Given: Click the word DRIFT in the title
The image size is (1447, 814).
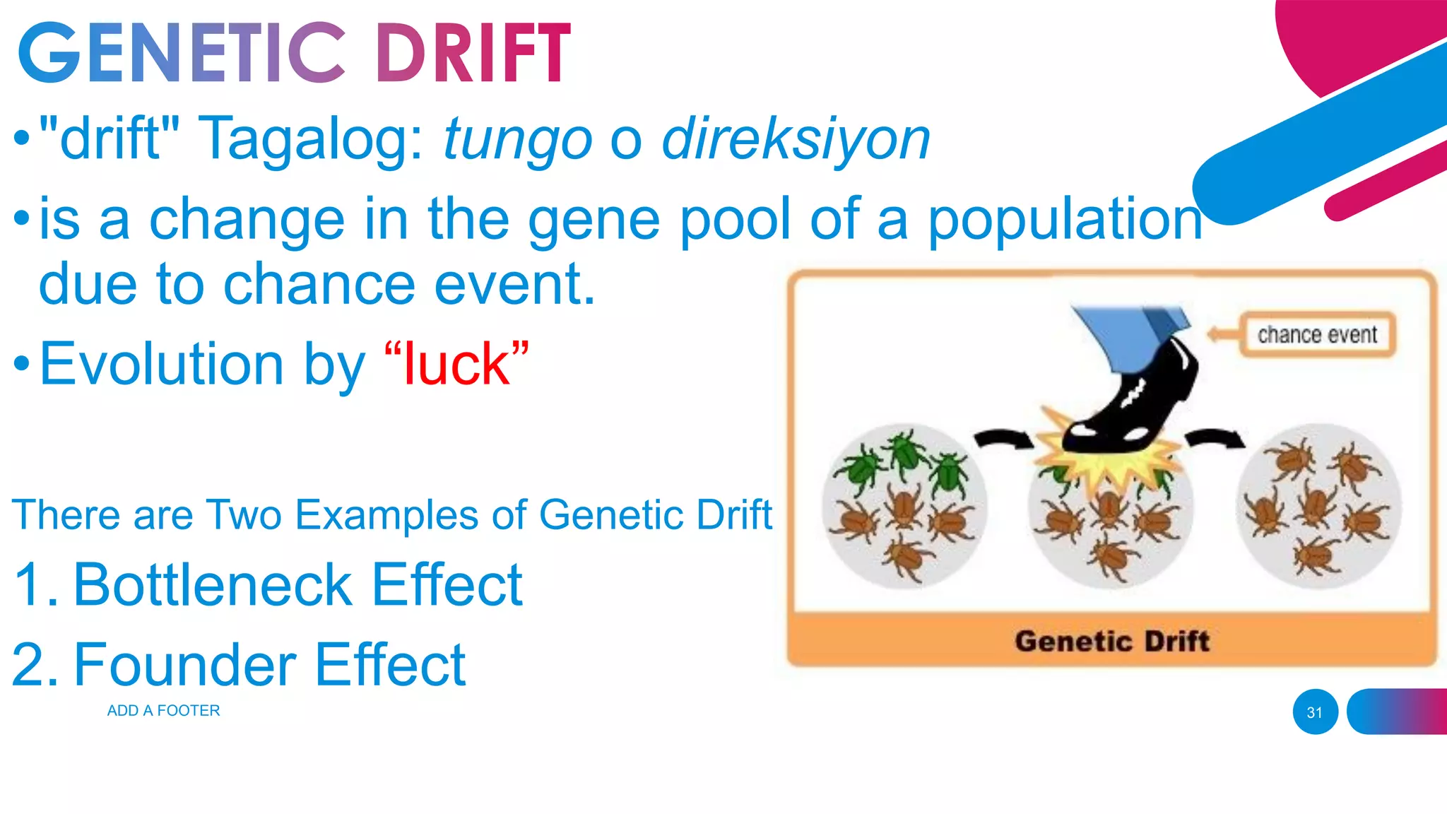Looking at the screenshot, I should click(472, 53).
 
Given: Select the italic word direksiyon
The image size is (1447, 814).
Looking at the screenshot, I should click(796, 139).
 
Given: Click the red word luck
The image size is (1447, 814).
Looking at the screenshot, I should click(456, 365).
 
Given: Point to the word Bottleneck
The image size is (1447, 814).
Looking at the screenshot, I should click(212, 585).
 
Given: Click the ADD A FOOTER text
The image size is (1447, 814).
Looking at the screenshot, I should click(163, 711).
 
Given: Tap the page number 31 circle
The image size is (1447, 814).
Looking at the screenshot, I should click(1315, 712).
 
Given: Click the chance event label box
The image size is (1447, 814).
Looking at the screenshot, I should click(1317, 334).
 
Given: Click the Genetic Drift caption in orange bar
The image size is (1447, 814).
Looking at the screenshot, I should click(1112, 642).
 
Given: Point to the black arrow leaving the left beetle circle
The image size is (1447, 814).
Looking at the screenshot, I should click(1003, 439).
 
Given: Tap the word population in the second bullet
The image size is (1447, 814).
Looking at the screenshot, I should click(1064, 219).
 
